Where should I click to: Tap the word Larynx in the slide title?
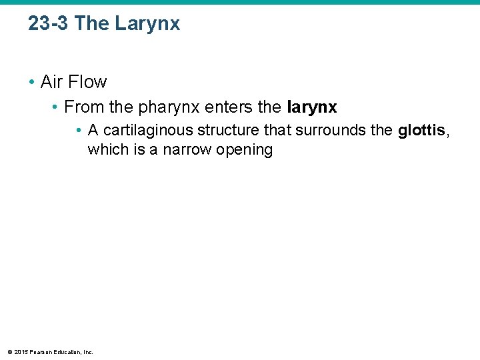point(147,25)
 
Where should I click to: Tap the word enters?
point(205,107)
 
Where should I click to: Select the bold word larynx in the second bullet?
point(311,107)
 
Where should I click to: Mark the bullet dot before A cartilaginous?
point(79,129)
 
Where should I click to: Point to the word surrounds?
point(327,129)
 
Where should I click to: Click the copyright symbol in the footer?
point(9,352)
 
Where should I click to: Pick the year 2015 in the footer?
point(21,352)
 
